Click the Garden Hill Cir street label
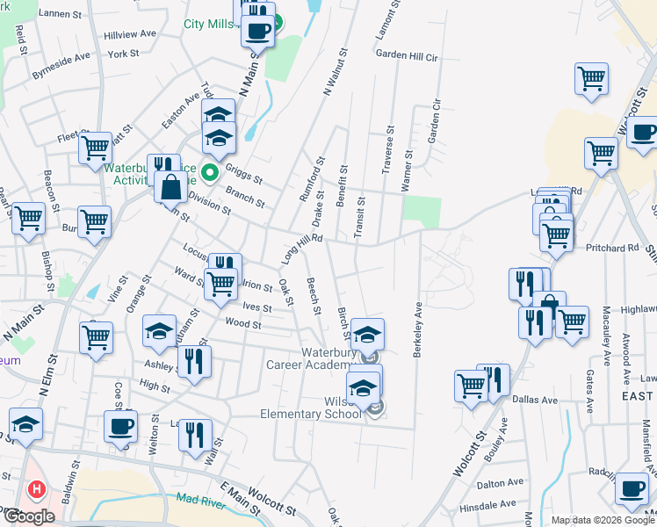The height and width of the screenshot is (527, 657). [406, 54]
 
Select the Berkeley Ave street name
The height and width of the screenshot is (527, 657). [419, 329]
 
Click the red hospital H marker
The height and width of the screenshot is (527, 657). [36, 489]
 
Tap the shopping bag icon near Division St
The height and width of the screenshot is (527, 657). [170, 188]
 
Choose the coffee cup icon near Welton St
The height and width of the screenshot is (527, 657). [120, 427]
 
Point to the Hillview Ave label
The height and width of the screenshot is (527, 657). [129, 33]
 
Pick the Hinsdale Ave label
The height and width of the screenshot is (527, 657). [488, 505]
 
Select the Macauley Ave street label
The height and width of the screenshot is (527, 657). [607, 337]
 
